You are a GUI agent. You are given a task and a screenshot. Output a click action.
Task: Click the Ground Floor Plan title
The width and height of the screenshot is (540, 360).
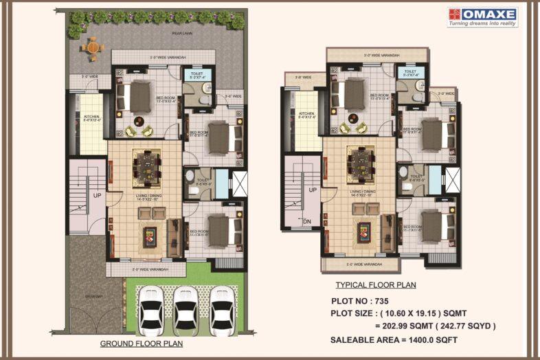click(142, 344)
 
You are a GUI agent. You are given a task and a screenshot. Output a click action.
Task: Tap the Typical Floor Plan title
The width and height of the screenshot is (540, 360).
click(375, 284)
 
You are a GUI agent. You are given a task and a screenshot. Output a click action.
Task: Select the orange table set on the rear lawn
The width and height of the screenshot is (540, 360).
click(91, 47)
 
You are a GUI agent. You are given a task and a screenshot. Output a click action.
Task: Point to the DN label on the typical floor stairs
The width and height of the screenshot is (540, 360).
click(307, 221)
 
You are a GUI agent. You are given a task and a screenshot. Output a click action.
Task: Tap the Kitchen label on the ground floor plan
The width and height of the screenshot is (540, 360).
click(92, 118)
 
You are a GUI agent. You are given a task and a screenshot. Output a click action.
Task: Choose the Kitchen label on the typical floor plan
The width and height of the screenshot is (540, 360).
click(306, 115)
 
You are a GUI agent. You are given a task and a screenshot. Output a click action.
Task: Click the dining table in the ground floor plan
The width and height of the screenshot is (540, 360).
click(145, 166)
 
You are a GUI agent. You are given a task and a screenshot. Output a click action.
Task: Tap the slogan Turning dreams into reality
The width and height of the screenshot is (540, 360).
click(482, 23)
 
